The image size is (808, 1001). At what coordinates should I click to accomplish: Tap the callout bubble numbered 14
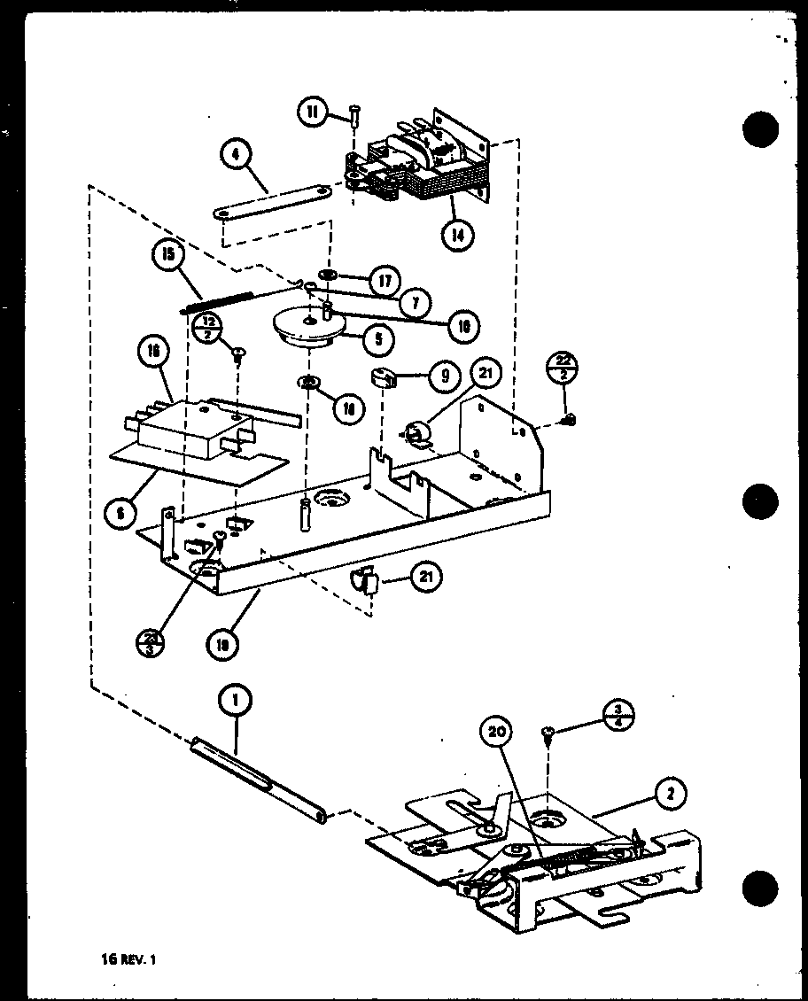click(x=456, y=236)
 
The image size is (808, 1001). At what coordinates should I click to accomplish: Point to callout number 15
click(x=167, y=255)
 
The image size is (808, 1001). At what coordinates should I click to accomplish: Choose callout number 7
click(x=414, y=303)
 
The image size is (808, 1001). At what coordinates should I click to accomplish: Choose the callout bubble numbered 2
click(x=672, y=795)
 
